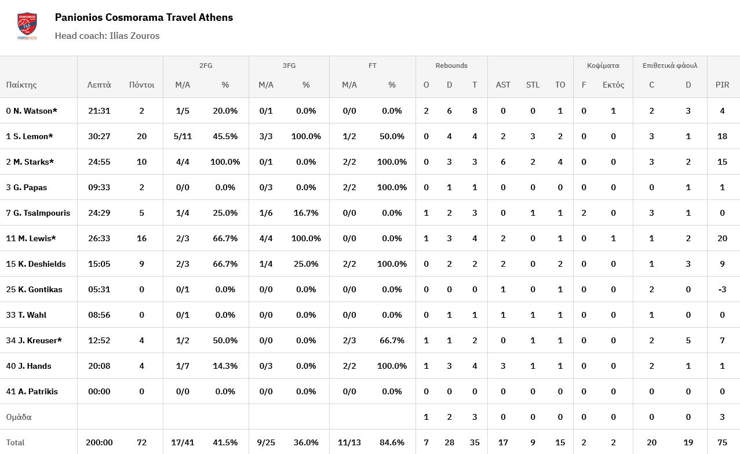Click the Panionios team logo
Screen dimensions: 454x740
click(x=27, y=26)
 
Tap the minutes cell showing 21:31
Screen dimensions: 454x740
click(x=99, y=111)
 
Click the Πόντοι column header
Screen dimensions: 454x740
click(x=142, y=85)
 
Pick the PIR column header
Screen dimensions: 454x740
click(x=722, y=85)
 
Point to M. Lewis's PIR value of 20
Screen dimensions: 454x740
click(x=722, y=238)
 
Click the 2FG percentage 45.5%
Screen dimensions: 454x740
click(x=225, y=136)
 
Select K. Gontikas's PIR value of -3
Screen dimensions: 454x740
click(x=722, y=289)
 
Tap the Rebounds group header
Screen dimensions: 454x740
click(x=451, y=66)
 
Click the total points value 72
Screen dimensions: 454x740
click(x=142, y=442)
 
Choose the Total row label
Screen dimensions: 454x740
click(x=16, y=442)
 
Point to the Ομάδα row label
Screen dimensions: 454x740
click(x=19, y=417)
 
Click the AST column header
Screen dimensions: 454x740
click(x=503, y=85)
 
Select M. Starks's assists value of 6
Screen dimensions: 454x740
click(x=503, y=162)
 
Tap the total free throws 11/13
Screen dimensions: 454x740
click(x=349, y=442)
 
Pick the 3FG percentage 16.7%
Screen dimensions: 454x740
click(x=306, y=213)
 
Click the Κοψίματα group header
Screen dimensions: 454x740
click(x=603, y=66)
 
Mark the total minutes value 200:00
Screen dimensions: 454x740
click(x=99, y=442)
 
